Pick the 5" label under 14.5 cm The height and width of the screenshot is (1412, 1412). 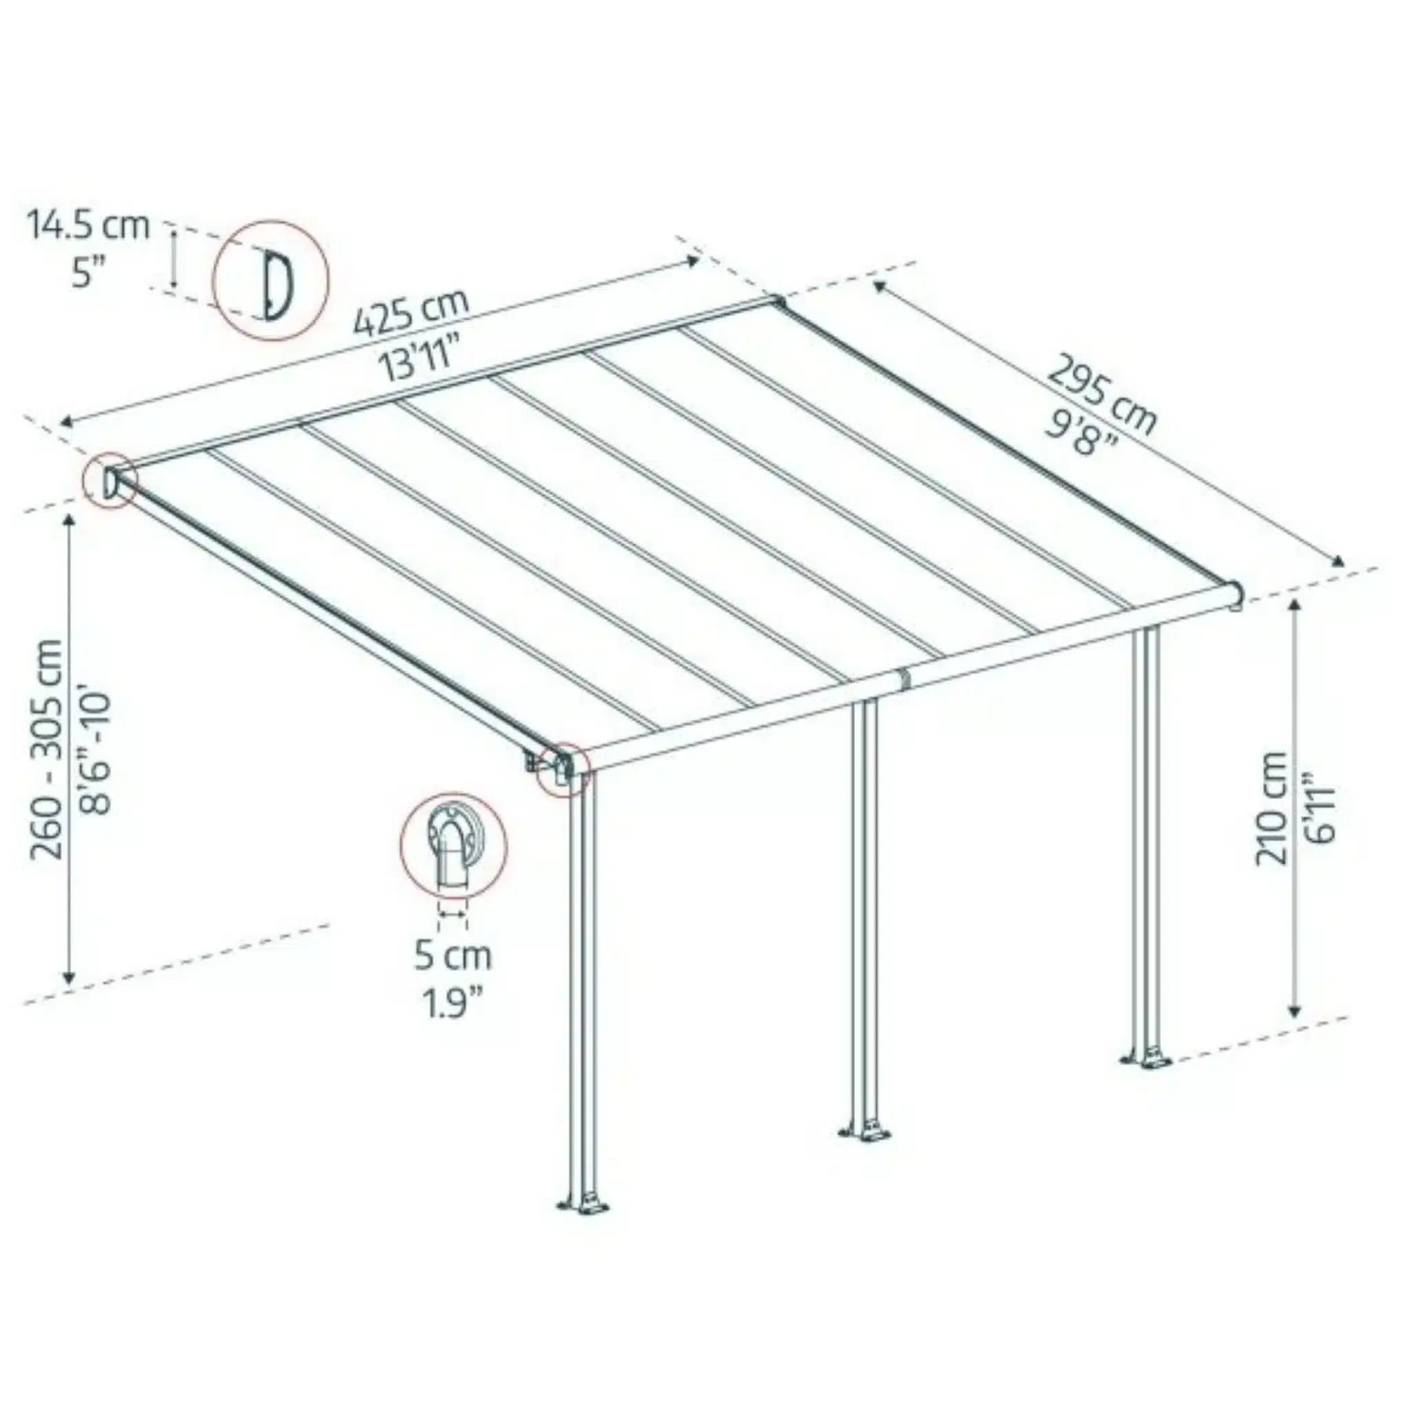[89, 275]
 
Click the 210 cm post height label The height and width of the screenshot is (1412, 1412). [1273, 808]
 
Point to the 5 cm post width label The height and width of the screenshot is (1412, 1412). [453, 956]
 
